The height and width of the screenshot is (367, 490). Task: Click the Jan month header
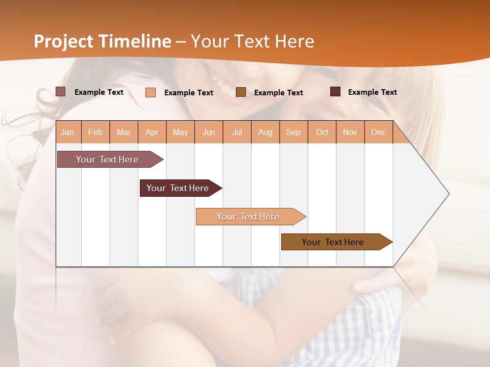pos(67,133)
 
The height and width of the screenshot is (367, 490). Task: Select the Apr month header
pos(152,133)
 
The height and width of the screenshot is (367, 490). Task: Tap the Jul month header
pos(237,133)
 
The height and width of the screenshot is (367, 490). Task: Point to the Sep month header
pos(293,133)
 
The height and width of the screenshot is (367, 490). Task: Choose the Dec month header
pos(378,133)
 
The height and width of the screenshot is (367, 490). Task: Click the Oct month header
pos(322,133)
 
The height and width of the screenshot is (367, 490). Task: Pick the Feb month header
pos(95,133)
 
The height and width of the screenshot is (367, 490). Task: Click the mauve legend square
pos(60,92)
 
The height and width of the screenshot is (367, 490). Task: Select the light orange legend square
pos(151,92)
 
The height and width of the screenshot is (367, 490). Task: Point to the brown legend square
pos(241,92)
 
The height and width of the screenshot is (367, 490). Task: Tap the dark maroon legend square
pos(335,92)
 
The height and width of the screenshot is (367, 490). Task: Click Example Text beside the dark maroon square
pos(372,92)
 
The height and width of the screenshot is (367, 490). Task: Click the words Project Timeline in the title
pos(103,41)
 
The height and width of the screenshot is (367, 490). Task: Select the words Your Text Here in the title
pos(252,41)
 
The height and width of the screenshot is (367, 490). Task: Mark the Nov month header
pos(350,133)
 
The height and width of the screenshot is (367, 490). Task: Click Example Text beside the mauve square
pos(99,92)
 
